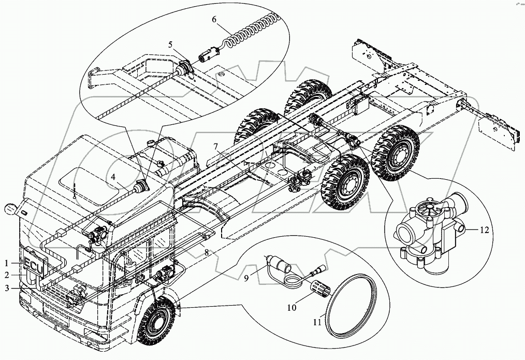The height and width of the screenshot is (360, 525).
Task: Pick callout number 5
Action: [x=170, y=44]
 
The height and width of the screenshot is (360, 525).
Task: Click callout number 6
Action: [x=214, y=19]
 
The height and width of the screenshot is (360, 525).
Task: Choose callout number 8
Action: [x=207, y=253]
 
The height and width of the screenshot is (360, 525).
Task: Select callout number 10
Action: [x=291, y=308]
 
